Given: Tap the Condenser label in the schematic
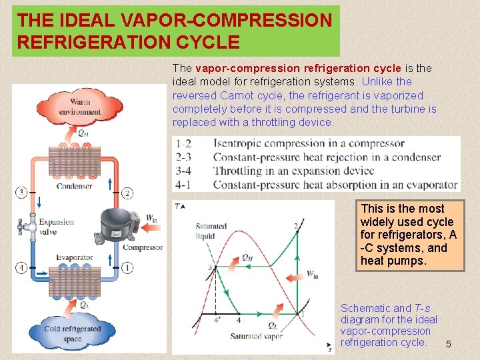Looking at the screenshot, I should (x=74, y=187).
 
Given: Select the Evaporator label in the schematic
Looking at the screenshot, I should (x=74, y=257).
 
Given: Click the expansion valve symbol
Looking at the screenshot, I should (x=27, y=226).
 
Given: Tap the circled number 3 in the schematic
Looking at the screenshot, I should (x=21, y=193).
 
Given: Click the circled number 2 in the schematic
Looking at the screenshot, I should (x=127, y=193).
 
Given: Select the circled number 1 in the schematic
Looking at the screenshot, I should (x=127, y=268).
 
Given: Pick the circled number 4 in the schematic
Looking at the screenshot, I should (x=21, y=268).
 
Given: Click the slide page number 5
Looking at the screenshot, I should (x=449, y=344).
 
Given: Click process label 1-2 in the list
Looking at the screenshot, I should (x=183, y=143).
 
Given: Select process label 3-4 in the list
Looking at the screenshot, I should (x=183, y=171).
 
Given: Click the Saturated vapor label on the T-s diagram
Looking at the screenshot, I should (x=257, y=337).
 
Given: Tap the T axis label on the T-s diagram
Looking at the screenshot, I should (x=177, y=206).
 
